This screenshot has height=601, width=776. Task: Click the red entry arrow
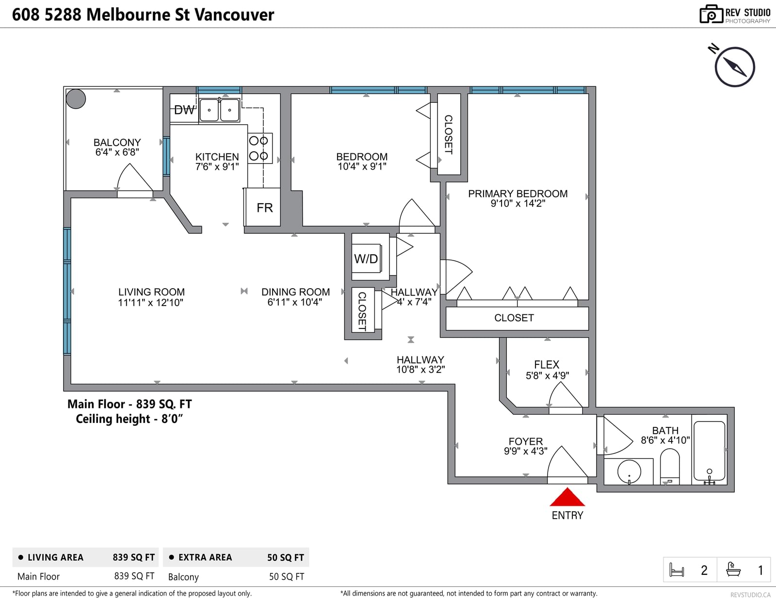tap(567, 497)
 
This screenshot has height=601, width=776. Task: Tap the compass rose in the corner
tap(735, 67)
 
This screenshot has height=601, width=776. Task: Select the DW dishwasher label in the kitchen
tap(184, 110)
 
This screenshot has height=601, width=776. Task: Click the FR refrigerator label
tap(265, 208)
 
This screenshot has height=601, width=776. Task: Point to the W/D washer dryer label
tap(366, 259)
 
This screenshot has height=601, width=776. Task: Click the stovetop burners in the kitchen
tap(260, 148)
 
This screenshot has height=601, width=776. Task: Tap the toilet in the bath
tap(670, 466)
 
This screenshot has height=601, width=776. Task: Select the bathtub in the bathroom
tap(709, 451)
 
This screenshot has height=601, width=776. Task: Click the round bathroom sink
tap(629, 472)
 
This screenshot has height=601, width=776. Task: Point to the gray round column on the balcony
tap(76, 99)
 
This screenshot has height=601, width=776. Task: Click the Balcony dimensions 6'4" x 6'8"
tap(117, 152)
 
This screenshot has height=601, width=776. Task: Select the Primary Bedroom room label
tap(518, 194)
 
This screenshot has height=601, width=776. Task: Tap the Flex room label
tap(547, 365)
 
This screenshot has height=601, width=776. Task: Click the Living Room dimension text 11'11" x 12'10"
tap(151, 303)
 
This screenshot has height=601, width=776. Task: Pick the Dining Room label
tap(296, 292)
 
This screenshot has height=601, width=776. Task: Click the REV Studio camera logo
tap(711, 14)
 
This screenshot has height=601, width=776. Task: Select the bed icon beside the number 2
tap(677, 570)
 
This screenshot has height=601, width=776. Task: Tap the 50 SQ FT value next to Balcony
tap(287, 577)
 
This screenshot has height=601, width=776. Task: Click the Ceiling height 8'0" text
tap(129, 419)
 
